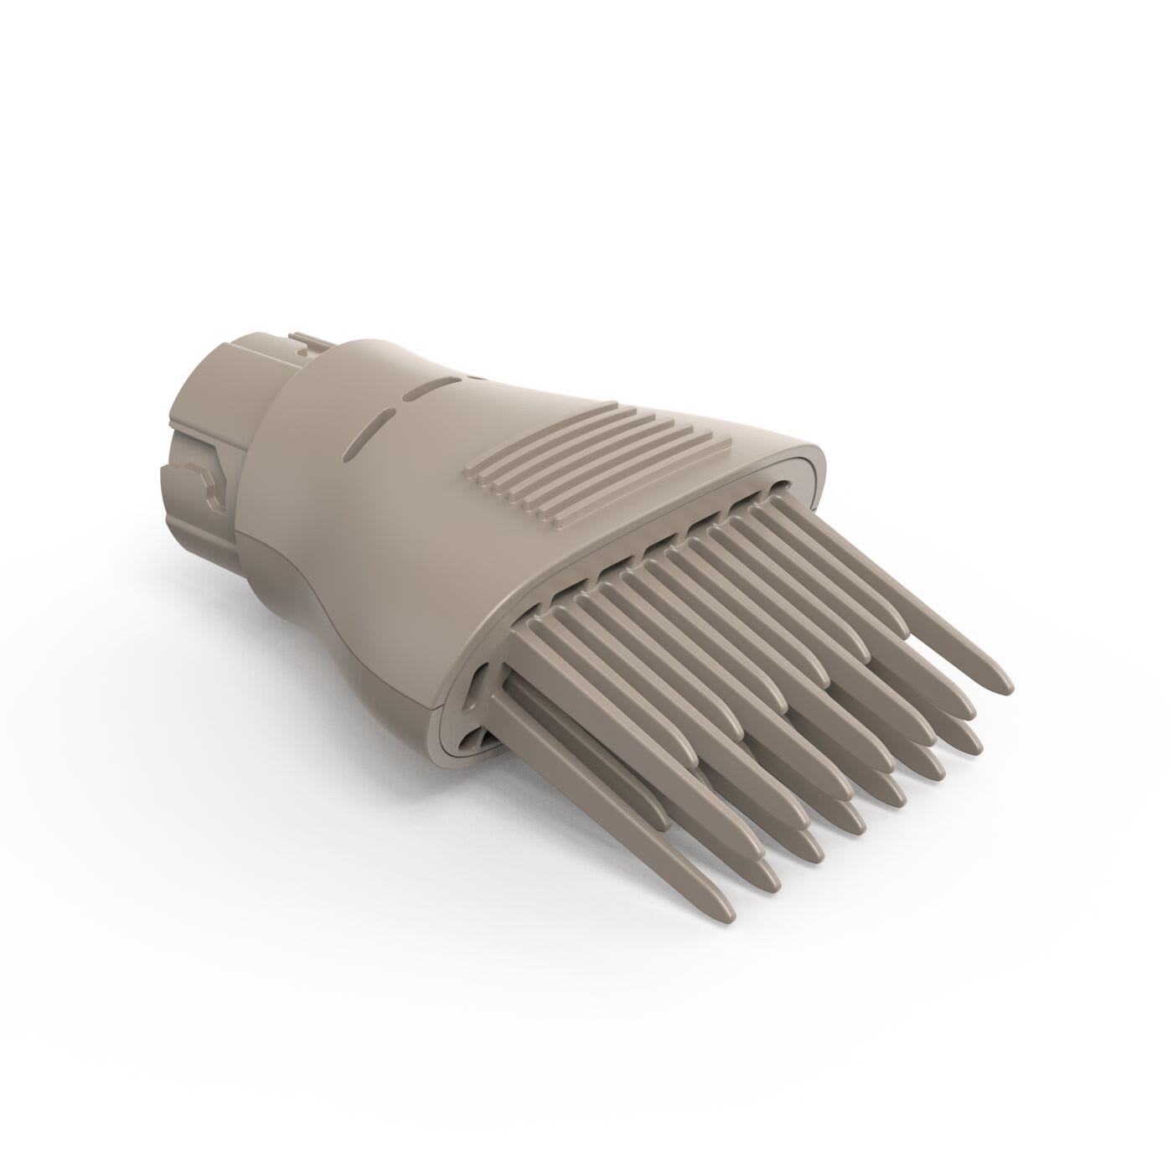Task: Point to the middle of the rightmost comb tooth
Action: (x=888, y=603)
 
